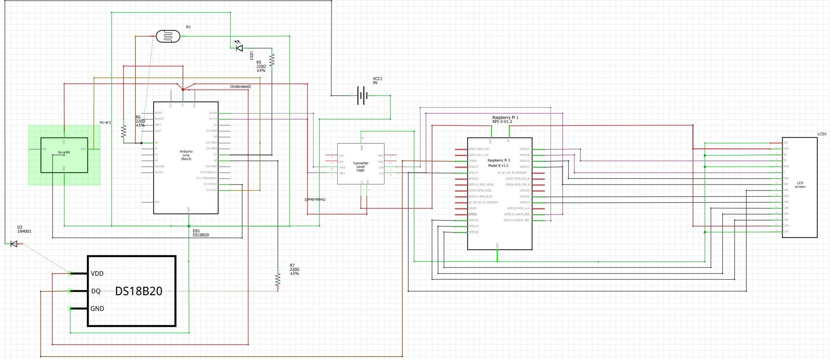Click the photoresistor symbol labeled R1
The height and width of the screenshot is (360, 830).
(x=167, y=36)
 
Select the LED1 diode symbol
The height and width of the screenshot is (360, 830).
(x=239, y=47)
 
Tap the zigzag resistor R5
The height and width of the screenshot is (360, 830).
(x=272, y=60)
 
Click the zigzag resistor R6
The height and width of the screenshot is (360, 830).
(x=124, y=131)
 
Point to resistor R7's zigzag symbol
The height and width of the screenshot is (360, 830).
(x=278, y=280)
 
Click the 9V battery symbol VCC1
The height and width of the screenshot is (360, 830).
(x=362, y=95)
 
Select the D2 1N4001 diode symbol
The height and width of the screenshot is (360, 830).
(x=14, y=244)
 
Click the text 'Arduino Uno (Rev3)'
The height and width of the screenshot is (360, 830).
(x=186, y=154)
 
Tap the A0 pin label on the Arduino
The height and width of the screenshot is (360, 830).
(x=157, y=143)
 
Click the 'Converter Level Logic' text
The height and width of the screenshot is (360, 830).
(x=361, y=167)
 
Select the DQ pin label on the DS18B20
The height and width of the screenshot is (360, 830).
(x=96, y=291)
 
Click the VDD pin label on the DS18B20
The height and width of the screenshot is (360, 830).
(x=97, y=274)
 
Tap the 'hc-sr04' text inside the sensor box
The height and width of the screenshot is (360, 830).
(x=64, y=153)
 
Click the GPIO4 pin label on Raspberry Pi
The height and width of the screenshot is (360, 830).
(x=473, y=161)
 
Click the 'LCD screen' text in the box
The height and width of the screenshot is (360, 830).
(x=800, y=184)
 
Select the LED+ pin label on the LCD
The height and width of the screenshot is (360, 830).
(x=786, y=226)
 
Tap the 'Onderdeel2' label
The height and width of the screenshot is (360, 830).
(x=240, y=87)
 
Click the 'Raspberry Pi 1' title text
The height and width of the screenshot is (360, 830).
(x=505, y=117)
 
